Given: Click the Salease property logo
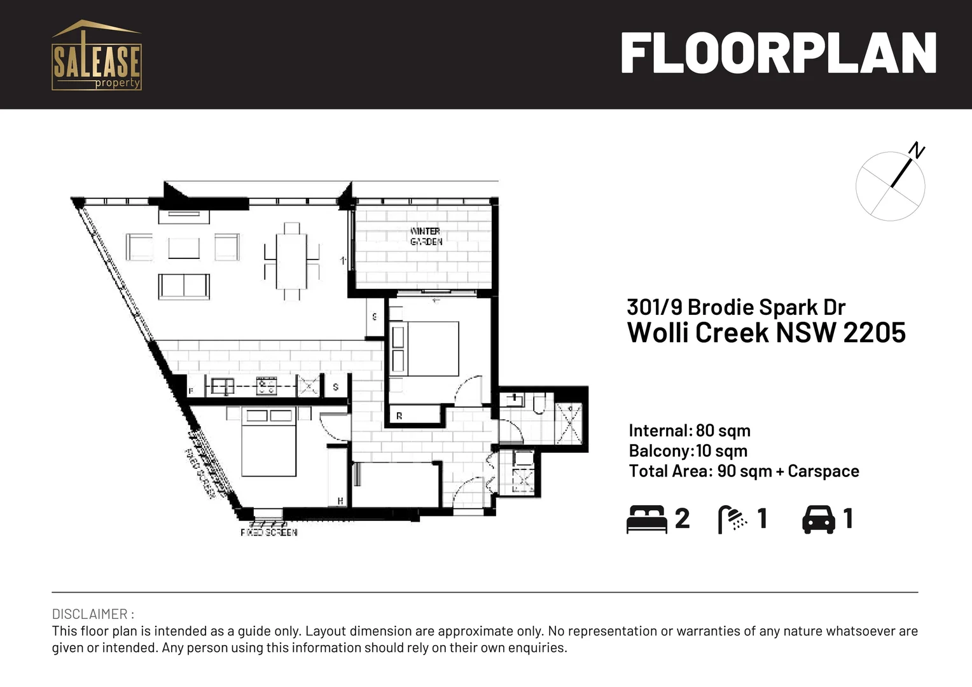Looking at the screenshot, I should click(x=96, y=55).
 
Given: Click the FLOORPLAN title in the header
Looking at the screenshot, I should click(x=778, y=54).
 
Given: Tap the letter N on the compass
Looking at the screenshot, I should click(x=916, y=150).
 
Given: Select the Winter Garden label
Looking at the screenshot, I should click(x=426, y=236).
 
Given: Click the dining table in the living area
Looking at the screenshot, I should click(x=291, y=261).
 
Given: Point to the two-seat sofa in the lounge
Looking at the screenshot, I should click(x=184, y=286).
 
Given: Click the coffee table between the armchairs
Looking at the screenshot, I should click(x=184, y=247).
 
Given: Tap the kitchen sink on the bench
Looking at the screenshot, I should click(x=222, y=385).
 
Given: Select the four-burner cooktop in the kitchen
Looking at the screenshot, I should click(x=266, y=385).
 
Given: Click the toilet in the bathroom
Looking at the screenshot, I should click(x=539, y=403).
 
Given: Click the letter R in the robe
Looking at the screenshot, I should click(x=399, y=416).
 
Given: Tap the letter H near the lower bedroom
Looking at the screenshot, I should click(x=340, y=501).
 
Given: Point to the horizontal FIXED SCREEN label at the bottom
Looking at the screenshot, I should click(x=268, y=532).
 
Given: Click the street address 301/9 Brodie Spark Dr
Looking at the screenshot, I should click(x=736, y=307).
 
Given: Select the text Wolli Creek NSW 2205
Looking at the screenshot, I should click(x=766, y=333).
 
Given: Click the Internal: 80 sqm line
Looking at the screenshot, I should click(x=690, y=431).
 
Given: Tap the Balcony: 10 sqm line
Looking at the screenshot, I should click(x=688, y=451).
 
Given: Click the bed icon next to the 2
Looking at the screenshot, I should click(x=646, y=519).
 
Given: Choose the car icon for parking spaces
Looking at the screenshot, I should click(x=819, y=519).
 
